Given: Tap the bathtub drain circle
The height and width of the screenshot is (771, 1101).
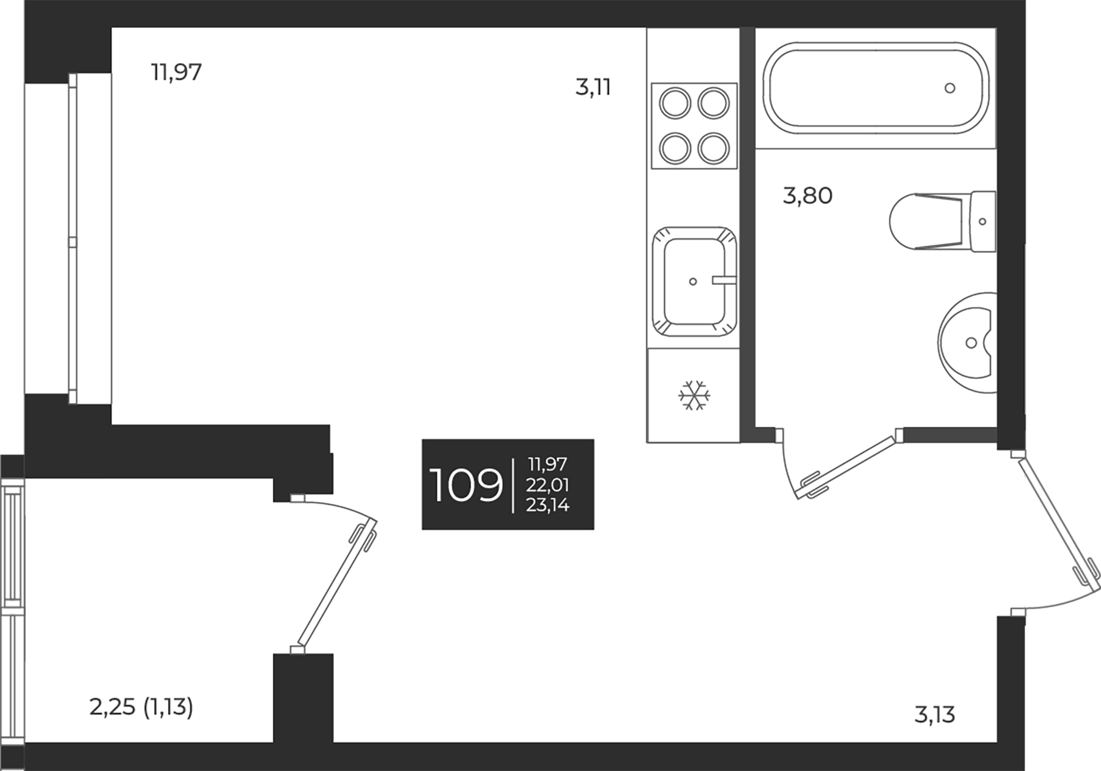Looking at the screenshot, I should click(949, 88).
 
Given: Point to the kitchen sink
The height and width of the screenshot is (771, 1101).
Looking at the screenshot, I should click(694, 281).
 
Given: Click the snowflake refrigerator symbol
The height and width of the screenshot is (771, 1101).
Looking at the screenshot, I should click(694, 396).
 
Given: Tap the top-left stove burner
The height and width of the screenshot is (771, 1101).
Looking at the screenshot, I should click(675, 103).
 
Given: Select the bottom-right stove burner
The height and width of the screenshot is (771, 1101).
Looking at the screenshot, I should click(713, 147).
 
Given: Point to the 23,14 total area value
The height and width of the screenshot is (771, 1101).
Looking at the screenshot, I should click(547, 505).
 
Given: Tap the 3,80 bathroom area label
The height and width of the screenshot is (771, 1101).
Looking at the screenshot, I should click(807, 196).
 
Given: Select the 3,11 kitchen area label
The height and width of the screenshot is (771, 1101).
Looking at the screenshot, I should click(593, 88).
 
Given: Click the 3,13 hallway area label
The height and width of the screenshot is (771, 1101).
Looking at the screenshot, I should click(934, 714).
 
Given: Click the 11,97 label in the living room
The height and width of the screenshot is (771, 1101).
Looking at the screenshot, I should click(176, 73).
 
